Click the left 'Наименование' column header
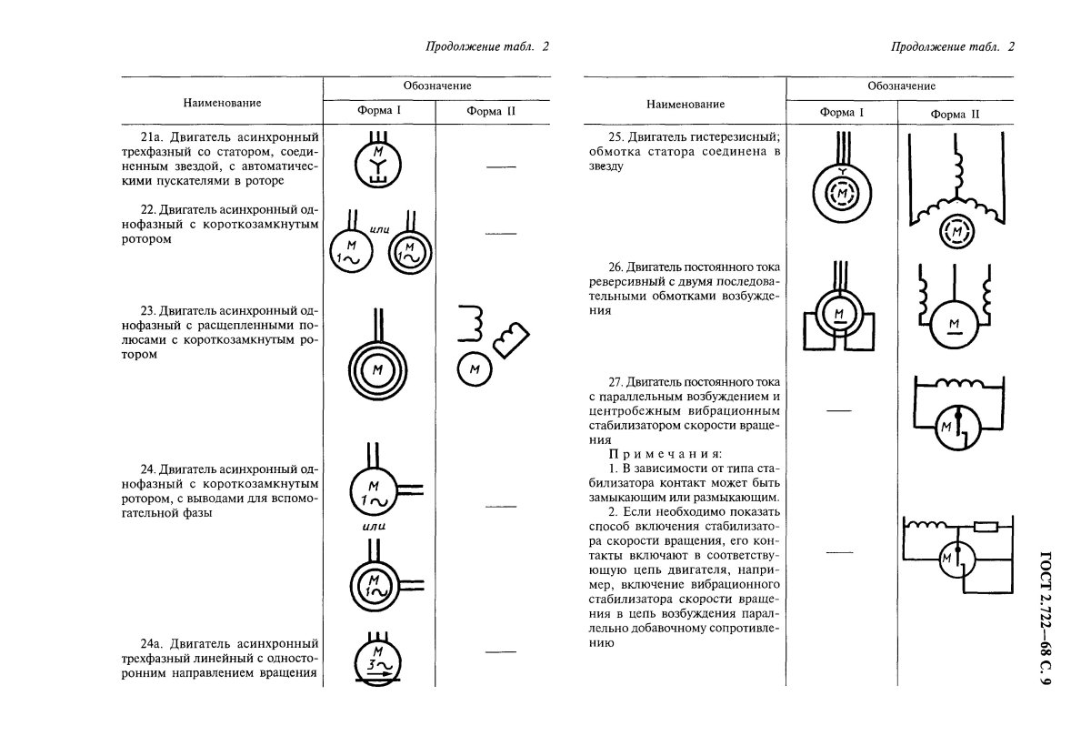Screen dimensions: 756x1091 point(222,102)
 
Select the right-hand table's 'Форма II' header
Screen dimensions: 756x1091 point(955,114)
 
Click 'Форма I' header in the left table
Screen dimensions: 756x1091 point(381,111)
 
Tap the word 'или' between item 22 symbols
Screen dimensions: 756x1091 point(380,229)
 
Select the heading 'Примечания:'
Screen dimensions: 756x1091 point(666,453)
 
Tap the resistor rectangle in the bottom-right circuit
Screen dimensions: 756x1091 point(986,526)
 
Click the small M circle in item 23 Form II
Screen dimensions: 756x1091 point(474,368)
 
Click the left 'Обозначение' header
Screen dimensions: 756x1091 point(437,86)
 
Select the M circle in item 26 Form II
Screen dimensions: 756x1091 point(955,323)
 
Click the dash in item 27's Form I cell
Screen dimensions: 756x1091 point(839,410)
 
